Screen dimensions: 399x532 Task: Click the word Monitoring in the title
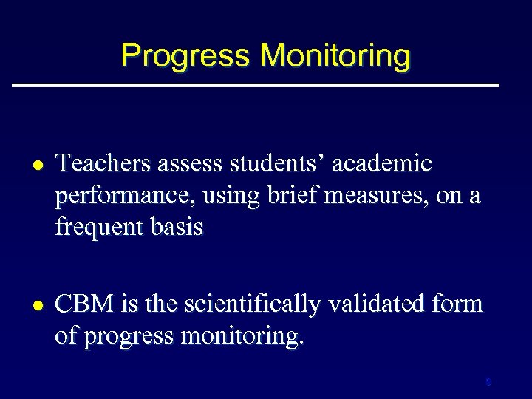click(x=335, y=56)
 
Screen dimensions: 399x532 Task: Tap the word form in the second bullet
click(x=460, y=304)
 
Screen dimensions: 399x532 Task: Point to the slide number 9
click(x=488, y=382)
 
